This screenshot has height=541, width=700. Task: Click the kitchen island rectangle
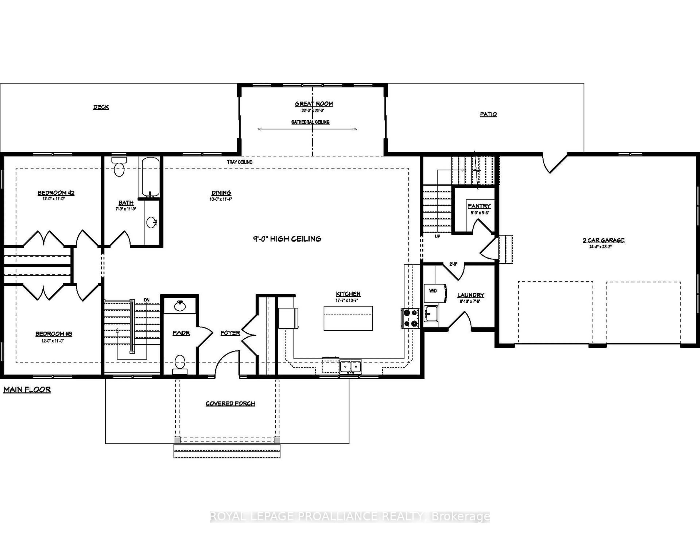[x=348, y=318]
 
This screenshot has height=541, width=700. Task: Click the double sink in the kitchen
[x=351, y=366]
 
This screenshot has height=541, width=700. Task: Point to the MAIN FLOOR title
[x=27, y=390]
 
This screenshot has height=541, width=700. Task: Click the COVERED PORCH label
[x=230, y=404]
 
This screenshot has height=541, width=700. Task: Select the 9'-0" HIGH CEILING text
[x=287, y=239]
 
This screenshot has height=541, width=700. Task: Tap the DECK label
[x=101, y=107]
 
